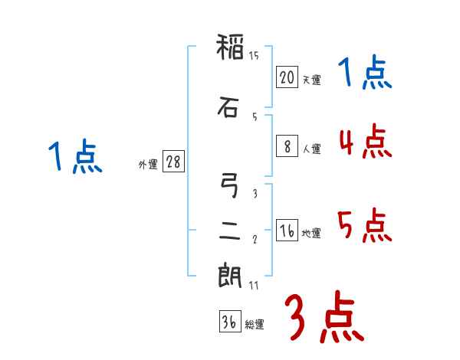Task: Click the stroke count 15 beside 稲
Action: [255, 55]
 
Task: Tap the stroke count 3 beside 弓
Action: [255, 194]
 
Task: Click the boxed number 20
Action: [287, 77]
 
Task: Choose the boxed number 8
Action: [287, 147]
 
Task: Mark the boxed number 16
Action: [287, 231]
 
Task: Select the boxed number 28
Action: [173, 162]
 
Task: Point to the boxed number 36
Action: [228, 322]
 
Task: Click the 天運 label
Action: [311, 80]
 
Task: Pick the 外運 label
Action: [148, 165]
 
